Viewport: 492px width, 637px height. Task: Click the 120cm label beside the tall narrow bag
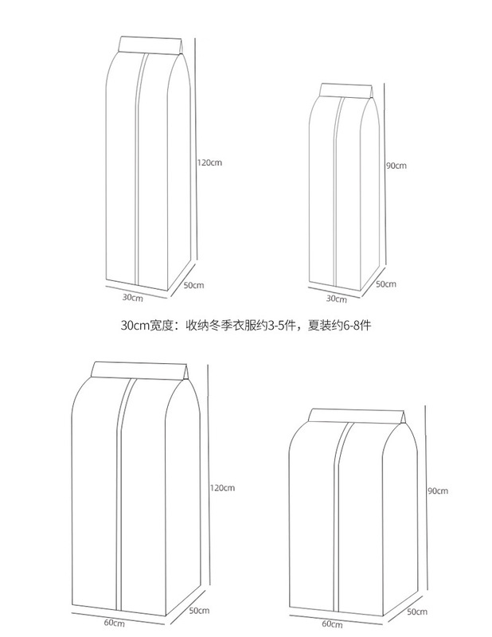[x=209, y=162]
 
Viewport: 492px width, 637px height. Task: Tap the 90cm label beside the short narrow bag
[x=396, y=166]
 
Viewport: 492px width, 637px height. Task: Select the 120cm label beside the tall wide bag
[x=222, y=487]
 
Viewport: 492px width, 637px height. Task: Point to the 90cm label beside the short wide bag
[x=437, y=491]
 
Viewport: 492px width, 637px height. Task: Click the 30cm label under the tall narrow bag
[x=132, y=298]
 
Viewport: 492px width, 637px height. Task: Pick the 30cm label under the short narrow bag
[x=336, y=299]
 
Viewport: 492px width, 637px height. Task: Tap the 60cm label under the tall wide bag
[x=114, y=622]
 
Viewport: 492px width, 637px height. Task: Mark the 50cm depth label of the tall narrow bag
[x=194, y=285]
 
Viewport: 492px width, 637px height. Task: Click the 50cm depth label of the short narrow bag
[x=385, y=283]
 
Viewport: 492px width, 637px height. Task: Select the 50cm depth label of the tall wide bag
[x=198, y=611]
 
